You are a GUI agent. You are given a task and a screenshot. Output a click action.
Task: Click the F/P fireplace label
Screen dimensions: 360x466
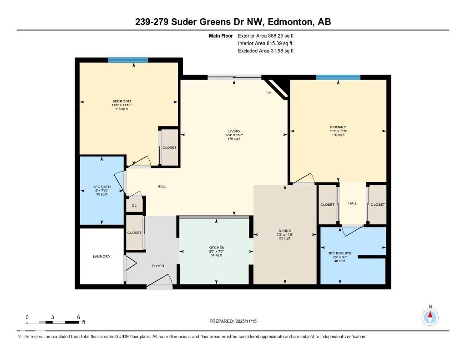(x=268, y=93)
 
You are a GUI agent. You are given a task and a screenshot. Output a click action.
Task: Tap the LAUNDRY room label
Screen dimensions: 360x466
(x=101, y=257)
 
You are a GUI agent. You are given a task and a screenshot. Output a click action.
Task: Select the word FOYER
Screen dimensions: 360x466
(x=158, y=266)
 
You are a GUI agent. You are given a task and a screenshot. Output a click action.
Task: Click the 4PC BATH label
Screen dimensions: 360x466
(x=101, y=187)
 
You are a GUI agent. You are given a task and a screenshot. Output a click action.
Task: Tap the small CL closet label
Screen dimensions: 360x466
(x=134, y=205)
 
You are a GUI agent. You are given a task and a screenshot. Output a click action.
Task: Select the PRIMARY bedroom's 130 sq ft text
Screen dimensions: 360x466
(x=338, y=135)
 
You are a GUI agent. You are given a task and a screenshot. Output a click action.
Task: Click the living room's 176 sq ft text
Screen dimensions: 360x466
(x=234, y=139)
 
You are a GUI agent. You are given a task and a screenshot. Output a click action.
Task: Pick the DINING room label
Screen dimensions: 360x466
(x=285, y=231)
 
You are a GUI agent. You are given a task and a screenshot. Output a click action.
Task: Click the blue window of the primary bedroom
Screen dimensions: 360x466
(x=338, y=77)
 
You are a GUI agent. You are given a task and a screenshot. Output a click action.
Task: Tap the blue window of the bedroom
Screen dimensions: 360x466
(x=128, y=60)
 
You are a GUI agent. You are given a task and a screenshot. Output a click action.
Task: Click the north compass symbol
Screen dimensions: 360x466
(x=430, y=316)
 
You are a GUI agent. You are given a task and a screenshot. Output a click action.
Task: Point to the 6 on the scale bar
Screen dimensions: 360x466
(x=79, y=317)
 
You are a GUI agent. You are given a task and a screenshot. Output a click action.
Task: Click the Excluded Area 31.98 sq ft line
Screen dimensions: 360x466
(x=266, y=51)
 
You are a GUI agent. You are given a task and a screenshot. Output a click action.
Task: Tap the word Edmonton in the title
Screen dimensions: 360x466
(x=290, y=22)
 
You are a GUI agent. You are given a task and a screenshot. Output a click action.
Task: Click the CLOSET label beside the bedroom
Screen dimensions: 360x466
(x=169, y=147)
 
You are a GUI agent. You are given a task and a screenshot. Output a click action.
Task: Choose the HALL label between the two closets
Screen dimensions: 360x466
(x=353, y=204)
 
